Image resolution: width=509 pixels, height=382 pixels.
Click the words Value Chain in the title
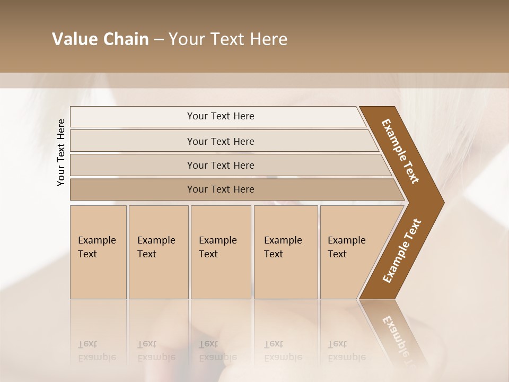coord(100,39)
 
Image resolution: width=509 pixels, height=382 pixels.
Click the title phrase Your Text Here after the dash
coord(228,39)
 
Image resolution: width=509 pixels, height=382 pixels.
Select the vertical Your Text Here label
coord(61,152)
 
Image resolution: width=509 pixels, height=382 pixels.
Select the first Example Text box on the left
coord(98,252)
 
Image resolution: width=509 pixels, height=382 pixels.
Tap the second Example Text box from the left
coord(159,252)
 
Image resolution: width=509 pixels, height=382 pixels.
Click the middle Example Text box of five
coord(221,252)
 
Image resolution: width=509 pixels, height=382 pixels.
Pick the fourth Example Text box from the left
coord(286,252)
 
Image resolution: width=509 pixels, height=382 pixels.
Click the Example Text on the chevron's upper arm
coord(400,151)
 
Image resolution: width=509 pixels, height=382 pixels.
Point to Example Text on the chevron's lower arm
coord(401,251)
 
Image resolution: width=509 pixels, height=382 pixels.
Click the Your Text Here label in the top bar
coord(221,116)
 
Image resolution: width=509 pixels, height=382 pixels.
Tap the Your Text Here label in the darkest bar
coord(221,189)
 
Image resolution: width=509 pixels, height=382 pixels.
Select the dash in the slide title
coord(159,40)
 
